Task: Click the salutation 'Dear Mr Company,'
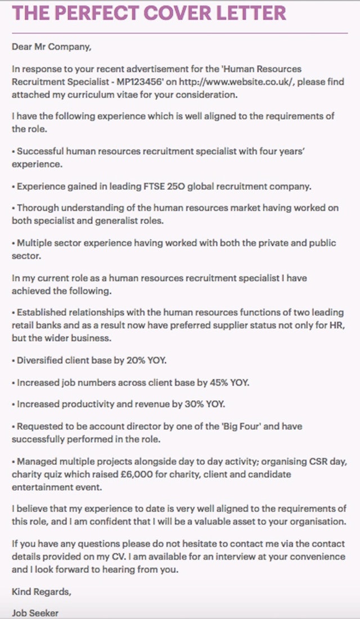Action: coord(51,47)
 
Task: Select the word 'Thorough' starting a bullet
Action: coord(35,208)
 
